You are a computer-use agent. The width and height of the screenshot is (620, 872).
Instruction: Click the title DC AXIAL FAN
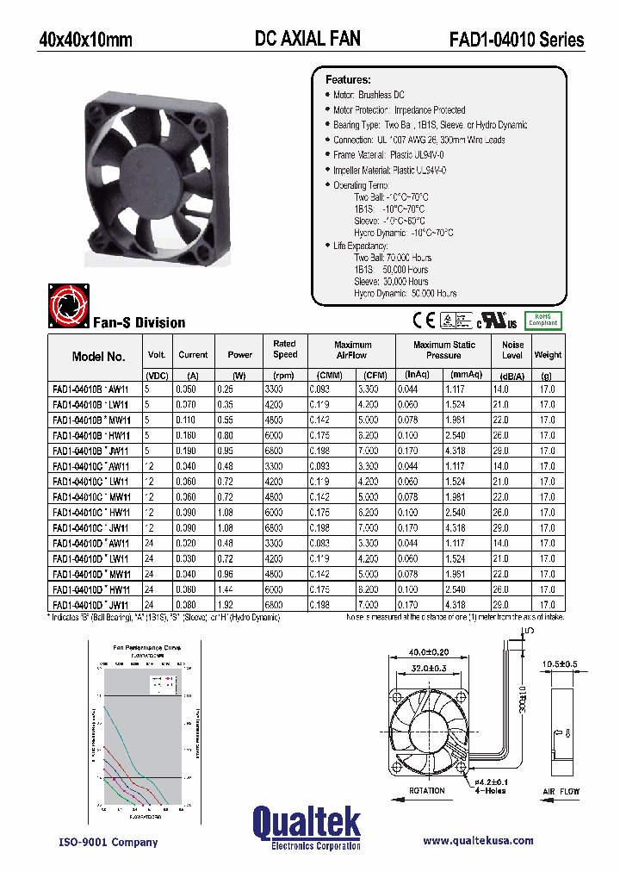307,39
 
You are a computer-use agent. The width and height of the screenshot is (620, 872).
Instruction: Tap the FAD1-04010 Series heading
516,40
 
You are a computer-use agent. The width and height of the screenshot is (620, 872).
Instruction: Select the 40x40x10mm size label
86,40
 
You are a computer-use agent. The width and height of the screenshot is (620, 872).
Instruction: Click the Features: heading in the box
348,79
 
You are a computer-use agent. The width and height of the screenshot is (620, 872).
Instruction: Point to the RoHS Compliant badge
542,320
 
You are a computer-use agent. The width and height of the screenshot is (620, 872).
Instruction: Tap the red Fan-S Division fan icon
67,307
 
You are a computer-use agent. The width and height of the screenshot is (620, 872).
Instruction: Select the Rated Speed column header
285,349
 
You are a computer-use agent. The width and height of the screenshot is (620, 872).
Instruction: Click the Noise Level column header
512,350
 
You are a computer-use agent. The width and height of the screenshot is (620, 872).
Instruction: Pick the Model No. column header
99,356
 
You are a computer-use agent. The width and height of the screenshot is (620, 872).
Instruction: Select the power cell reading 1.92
239,604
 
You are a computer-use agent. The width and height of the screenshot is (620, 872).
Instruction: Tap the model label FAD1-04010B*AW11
90,389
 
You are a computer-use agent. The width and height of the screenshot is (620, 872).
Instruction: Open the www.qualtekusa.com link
478,841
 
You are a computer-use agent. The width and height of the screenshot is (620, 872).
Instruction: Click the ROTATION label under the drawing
427,790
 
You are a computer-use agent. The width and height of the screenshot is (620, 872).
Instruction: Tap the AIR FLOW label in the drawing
561,791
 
